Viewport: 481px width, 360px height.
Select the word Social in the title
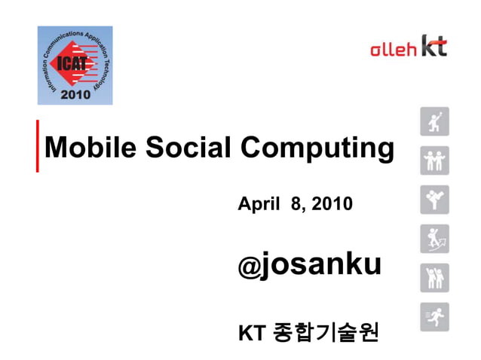pos(189,148)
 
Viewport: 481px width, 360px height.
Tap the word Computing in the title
pos(318,149)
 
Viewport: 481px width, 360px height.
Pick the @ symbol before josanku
pos(249,267)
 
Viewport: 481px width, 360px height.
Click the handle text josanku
pos(320,265)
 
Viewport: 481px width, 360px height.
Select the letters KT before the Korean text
pos(250,332)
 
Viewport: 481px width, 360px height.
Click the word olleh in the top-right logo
pos(393,50)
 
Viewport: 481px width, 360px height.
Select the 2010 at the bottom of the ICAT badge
pos(75,95)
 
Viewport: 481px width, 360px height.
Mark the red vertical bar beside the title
pos(38,145)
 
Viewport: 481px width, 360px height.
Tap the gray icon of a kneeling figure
pos(434,121)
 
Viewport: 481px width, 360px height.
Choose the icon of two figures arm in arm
pos(434,160)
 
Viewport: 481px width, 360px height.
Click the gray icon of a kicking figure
pos(434,200)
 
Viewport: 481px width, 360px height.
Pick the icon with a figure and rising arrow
pos(434,239)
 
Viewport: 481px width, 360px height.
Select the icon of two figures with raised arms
pos(434,278)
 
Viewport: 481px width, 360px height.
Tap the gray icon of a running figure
pos(434,316)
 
